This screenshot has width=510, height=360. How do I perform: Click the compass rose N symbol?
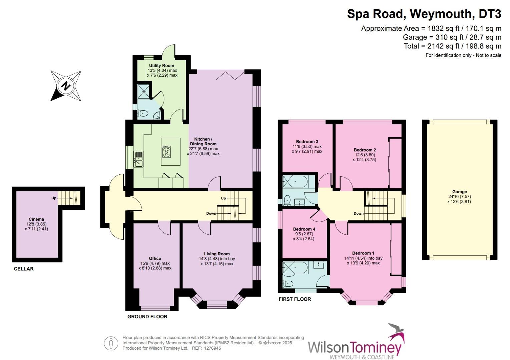[66, 86]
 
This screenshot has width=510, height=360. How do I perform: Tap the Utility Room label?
[161, 66]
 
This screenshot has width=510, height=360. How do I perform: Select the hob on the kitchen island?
[166, 152]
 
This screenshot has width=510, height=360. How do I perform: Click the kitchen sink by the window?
[138, 159]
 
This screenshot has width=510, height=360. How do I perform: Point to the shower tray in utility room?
[144, 91]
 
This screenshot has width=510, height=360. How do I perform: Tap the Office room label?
[155, 258]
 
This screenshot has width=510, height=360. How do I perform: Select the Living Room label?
[217, 254]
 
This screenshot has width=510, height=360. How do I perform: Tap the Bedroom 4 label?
[304, 229]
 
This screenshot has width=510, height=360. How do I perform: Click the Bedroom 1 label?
[363, 253]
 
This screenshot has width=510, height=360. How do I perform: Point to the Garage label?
[459, 192]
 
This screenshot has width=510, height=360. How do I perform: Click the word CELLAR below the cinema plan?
[24, 269]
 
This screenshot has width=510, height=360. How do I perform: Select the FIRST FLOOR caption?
[295, 299]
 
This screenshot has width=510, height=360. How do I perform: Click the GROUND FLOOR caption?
[147, 316]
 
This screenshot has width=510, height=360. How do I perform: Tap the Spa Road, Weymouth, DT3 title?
[424, 14]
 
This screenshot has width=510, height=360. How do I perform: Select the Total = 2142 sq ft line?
[452, 46]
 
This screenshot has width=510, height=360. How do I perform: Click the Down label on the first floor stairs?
[359, 213]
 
